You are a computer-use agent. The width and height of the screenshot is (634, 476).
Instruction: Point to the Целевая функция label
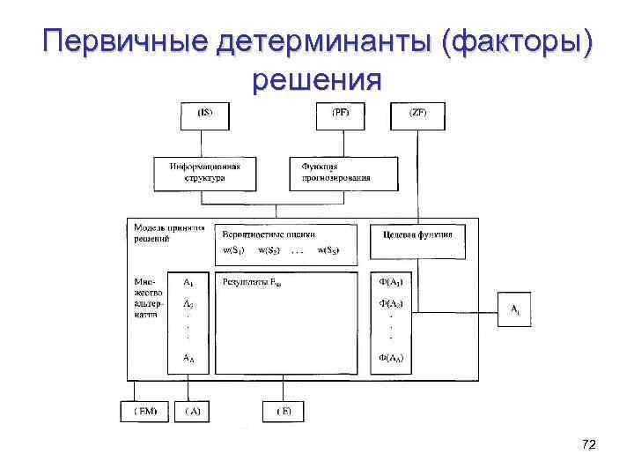tap(417, 234)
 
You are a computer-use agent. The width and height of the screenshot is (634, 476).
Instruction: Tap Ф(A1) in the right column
tap(390, 283)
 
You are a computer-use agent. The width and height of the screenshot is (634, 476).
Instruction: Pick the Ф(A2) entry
tap(390, 303)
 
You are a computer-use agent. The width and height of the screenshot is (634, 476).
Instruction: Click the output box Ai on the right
tap(514, 309)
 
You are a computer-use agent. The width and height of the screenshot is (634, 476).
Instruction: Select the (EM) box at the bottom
tap(143, 411)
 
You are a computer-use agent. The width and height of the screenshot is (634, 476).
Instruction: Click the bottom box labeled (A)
tap(192, 411)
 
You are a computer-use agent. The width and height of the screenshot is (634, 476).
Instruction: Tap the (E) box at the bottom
tap(284, 411)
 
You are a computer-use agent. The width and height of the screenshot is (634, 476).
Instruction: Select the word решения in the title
tap(316, 81)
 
